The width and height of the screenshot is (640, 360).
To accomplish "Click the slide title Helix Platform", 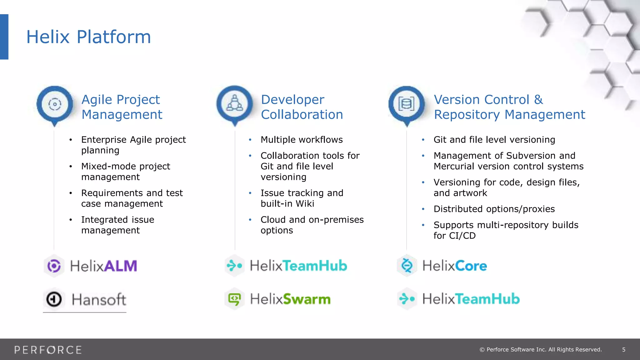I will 88,37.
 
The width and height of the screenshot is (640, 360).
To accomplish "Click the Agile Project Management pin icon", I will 55,104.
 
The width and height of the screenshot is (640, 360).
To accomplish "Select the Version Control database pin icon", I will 406,104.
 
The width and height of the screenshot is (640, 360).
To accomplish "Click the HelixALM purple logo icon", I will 54,266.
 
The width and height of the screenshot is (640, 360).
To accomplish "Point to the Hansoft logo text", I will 99,299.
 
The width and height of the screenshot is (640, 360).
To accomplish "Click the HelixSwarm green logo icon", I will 234,299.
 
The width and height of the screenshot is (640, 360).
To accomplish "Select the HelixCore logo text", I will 454,266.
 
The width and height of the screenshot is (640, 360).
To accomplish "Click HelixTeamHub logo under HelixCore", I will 471,299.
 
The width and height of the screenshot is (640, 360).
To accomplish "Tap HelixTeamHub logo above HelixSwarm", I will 298,266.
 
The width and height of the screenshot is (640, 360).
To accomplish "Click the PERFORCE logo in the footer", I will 48,350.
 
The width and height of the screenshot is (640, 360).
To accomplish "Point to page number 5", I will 623,350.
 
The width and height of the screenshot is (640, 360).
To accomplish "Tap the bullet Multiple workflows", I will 302,140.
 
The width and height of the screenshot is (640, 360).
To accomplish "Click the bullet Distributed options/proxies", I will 494,209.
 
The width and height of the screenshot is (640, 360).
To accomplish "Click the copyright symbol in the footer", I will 482,350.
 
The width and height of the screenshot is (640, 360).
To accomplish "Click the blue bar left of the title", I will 4,37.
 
